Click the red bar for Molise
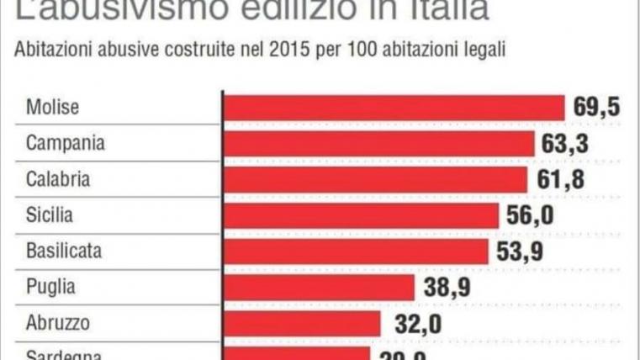tap(393, 108)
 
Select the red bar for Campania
tap(378, 144)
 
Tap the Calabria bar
tap(374, 180)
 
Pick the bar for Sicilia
tap(361, 215)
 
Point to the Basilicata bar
tap(356, 251)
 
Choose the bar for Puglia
tap(319, 288)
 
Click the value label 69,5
tap(597, 108)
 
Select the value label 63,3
tap(565, 144)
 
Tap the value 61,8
tap(558, 180)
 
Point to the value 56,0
tap(530, 215)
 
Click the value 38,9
tap(447, 288)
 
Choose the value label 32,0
tap(412, 324)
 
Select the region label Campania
tap(65, 144)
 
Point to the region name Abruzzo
tap(57, 324)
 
